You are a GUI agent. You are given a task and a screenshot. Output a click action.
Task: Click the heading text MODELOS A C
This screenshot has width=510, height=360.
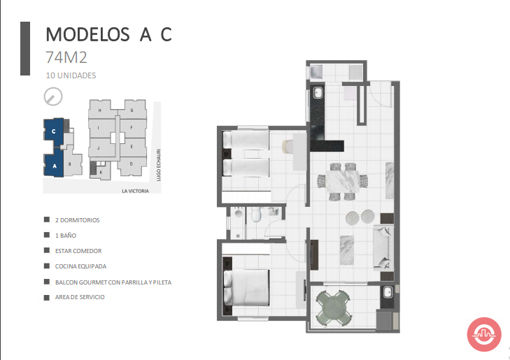(x=108, y=34)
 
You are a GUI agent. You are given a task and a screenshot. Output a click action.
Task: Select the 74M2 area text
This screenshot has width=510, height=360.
(x=66, y=57)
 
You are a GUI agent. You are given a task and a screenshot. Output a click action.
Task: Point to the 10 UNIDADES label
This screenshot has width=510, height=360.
(x=71, y=75)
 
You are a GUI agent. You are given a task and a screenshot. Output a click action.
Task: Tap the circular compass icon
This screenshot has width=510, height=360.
(x=53, y=96)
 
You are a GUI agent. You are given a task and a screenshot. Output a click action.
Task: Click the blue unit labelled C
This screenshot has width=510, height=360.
(x=54, y=131)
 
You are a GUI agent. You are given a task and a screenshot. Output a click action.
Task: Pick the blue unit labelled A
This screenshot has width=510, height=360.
(x=54, y=164)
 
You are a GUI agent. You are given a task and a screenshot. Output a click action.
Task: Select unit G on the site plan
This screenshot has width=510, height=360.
(x=132, y=110)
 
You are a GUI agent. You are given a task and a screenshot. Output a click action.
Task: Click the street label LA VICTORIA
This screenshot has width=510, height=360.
(x=135, y=191)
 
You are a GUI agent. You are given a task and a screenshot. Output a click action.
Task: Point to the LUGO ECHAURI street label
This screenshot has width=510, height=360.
(x=158, y=165)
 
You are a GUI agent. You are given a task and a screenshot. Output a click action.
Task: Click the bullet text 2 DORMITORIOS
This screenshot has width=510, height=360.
(x=78, y=220)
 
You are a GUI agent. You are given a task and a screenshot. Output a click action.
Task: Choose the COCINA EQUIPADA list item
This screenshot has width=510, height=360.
(x=80, y=266)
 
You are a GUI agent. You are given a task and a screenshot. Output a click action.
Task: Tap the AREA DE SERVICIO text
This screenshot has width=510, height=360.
(x=80, y=297)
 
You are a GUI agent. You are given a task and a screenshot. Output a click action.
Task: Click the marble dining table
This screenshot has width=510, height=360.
(x=343, y=181)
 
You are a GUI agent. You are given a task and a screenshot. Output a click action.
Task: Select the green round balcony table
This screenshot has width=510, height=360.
(x=333, y=308)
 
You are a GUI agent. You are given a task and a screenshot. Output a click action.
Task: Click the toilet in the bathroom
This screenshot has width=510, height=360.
(x=257, y=215)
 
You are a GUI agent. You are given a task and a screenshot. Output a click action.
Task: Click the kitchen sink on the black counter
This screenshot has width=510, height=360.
(x=318, y=92)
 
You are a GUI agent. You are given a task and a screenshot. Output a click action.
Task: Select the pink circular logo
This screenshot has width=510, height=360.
(x=484, y=334)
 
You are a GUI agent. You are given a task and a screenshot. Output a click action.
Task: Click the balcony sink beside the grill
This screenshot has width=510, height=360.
(x=388, y=292)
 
